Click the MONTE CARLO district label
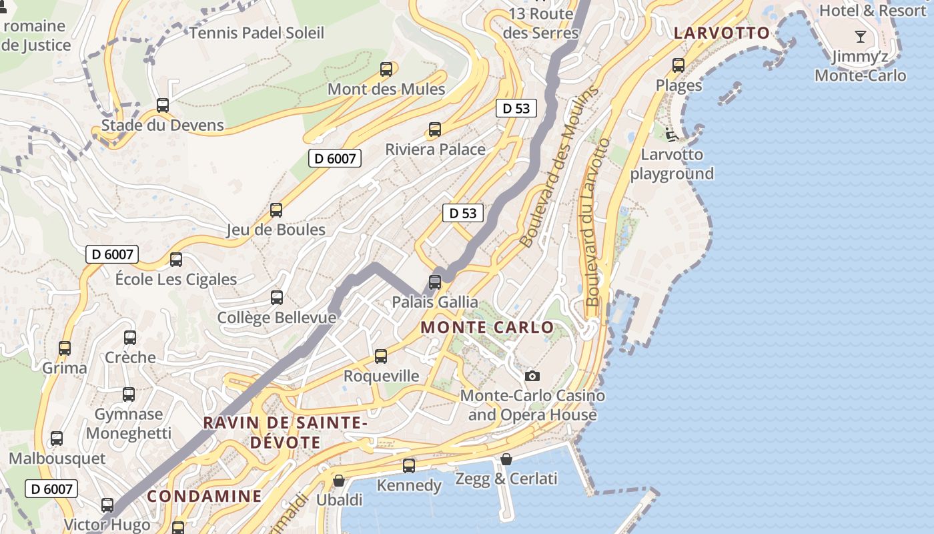point(488,328)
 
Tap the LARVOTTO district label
point(722,33)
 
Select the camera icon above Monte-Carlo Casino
point(532,376)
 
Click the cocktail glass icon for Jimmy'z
point(861,37)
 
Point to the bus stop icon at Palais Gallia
point(435,282)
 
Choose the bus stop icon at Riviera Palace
point(435,129)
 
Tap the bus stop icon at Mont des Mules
point(386,69)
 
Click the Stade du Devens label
point(163,125)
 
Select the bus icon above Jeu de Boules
point(276,210)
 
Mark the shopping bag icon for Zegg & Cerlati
point(506,459)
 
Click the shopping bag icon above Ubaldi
point(339,481)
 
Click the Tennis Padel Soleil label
point(257,33)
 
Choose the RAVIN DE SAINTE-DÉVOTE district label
point(286,433)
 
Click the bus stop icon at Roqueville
point(381,356)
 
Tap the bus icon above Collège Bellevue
point(277,298)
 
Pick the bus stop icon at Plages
point(678,65)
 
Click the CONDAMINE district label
point(204,496)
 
